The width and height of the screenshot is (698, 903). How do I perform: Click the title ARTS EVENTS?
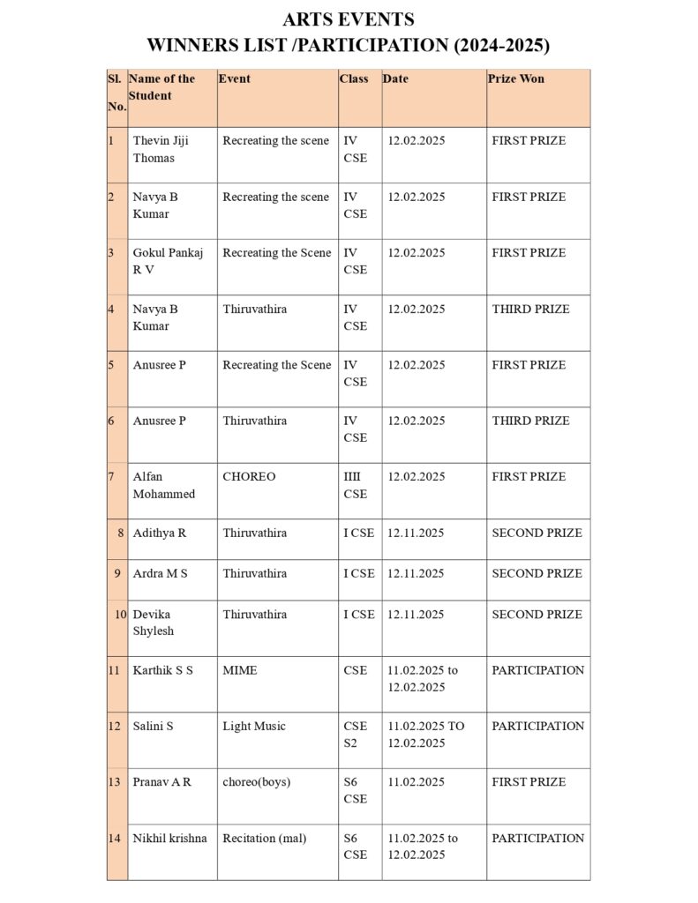(349, 19)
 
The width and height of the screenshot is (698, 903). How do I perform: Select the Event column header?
(234, 78)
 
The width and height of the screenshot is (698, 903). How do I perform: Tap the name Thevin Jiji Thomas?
(161, 149)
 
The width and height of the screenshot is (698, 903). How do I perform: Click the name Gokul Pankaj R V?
(168, 261)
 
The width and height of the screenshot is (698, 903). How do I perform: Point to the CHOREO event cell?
(249, 476)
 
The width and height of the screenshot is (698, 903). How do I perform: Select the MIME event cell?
(240, 670)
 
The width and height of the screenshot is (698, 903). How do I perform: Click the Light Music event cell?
(254, 726)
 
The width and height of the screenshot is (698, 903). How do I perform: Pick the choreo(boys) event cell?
(256, 781)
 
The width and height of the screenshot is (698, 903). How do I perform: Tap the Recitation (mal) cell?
(264, 838)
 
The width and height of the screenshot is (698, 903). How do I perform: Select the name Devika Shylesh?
(153, 623)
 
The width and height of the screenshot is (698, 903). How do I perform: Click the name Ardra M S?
(160, 573)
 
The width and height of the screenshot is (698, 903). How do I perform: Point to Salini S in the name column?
(153, 726)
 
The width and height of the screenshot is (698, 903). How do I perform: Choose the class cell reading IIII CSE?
(355, 485)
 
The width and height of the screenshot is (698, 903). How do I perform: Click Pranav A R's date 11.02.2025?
(416, 781)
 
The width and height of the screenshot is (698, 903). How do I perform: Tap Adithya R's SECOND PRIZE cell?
(537, 533)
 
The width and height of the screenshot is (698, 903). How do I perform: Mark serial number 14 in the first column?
(114, 838)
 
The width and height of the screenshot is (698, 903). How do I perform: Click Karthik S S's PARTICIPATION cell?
(537, 670)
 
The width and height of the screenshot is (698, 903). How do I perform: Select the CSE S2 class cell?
(355, 735)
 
